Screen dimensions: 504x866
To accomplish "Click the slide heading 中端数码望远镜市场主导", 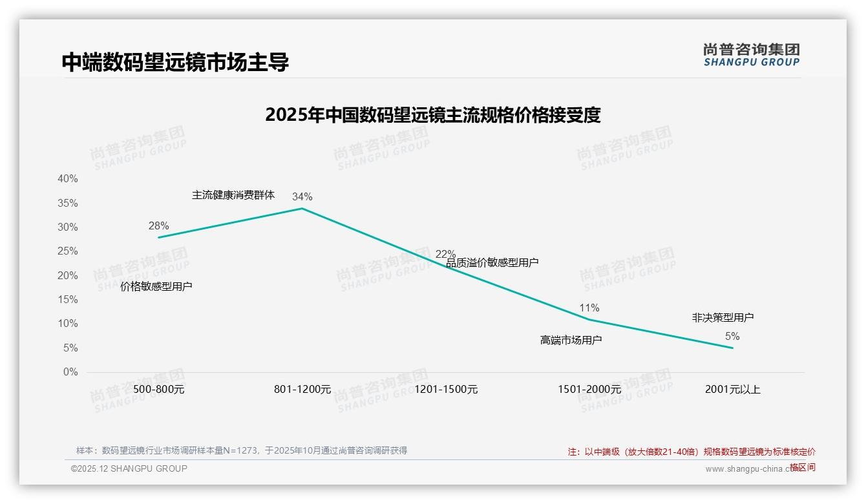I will point(175,62).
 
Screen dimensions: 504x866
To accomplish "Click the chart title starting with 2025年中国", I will point(432,115).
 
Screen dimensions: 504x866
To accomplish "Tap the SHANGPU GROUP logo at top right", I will point(751,55).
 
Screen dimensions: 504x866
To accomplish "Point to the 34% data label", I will point(302,196).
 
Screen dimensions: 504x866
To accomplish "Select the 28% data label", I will point(158,226).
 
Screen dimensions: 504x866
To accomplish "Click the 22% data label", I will point(445,254).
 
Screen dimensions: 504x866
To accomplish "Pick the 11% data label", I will point(589,308).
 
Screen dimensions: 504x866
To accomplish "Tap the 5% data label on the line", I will point(732,336).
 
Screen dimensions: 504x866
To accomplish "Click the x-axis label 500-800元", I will point(159,389).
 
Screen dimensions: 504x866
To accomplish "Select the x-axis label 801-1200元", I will point(302,389).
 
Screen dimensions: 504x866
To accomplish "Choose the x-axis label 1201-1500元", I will point(446,389).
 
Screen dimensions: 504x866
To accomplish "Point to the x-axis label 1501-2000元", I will point(589,389).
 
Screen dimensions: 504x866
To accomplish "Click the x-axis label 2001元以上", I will point(733,389).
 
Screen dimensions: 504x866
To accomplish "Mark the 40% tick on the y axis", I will point(68,178).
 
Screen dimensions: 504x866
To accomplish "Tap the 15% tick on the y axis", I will point(68,299).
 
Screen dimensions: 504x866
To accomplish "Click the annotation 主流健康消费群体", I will point(233,194).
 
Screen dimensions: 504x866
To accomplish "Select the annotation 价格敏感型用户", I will point(156,286).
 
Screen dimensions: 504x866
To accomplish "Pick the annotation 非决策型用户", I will point(723,317).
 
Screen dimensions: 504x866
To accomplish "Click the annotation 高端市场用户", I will point(571,339).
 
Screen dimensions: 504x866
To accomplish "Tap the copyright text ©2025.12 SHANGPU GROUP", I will point(129,468).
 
